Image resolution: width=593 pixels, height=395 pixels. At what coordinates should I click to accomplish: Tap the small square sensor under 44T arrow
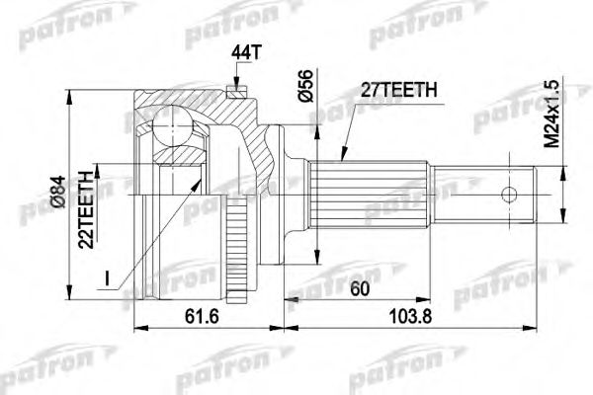[234, 94]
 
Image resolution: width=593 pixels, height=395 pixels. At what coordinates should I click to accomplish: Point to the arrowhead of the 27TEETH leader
[340, 158]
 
